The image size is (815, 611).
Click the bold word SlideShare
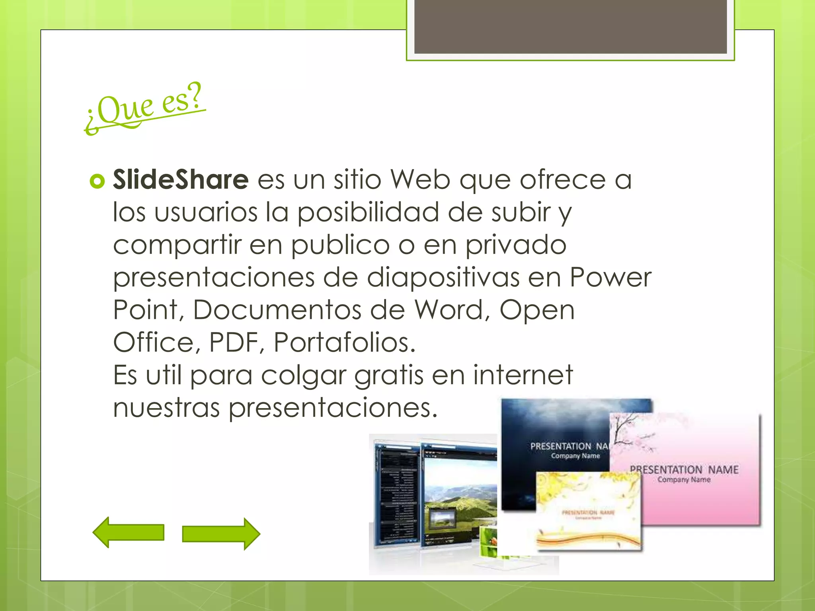181,179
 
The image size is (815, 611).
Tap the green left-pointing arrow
128,532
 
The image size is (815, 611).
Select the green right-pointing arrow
221,534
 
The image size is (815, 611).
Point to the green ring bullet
97,181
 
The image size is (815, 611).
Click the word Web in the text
420,179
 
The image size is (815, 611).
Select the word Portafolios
345,342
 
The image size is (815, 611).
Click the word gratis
388,376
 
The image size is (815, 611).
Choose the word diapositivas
443,277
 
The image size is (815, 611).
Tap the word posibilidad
368,212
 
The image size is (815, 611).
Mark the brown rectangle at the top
570,26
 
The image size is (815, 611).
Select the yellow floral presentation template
588,511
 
